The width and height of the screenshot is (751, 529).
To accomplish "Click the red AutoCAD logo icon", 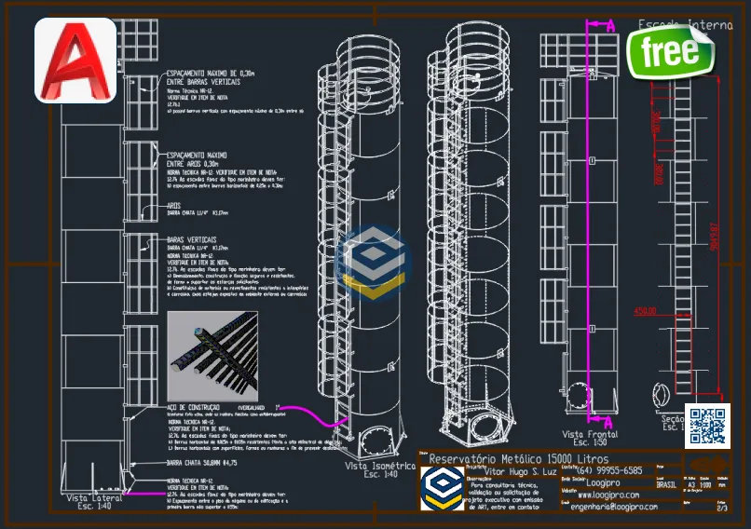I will click(x=75, y=61).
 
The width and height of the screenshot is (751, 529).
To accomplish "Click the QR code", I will click(x=706, y=426).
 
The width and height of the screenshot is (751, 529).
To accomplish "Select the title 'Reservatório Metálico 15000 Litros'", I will click(x=513, y=459).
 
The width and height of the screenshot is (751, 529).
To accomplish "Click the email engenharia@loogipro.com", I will click(x=616, y=507).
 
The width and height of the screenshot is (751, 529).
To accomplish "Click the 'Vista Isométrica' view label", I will click(x=379, y=465).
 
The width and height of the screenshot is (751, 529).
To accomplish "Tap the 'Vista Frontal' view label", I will click(x=589, y=434).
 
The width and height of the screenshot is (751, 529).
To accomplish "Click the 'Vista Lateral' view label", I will click(x=95, y=498).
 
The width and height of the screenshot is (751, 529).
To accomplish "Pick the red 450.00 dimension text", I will click(x=645, y=311).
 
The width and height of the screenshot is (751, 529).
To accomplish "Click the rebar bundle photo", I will click(x=212, y=355).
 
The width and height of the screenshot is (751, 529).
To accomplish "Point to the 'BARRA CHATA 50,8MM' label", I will click(x=201, y=462).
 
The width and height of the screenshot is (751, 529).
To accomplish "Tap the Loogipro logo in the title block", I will click(x=438, y=489).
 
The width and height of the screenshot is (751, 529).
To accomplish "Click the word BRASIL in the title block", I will click(x=666, y=484).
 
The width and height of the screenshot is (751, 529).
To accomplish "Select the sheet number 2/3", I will click(x=722, y=508).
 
